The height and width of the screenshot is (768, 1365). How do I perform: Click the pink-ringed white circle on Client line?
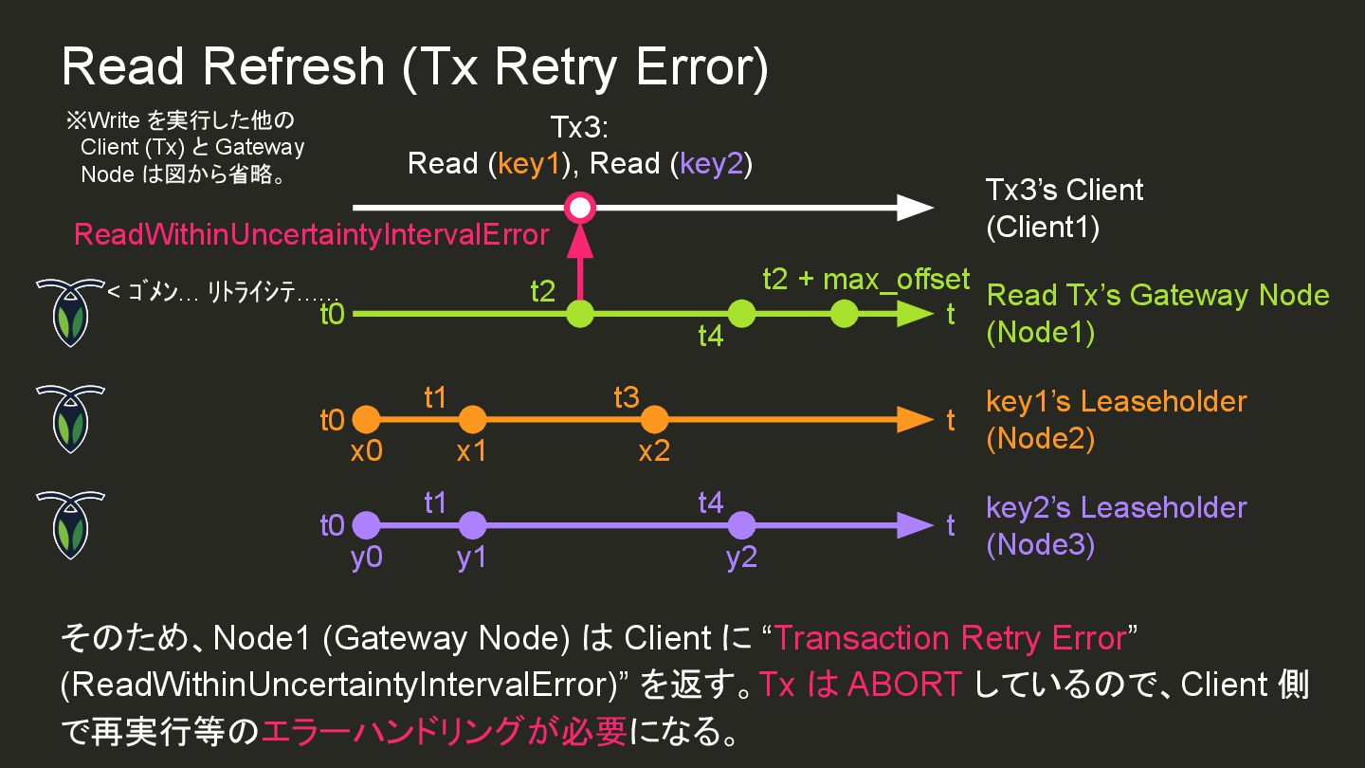[x=579, y=207]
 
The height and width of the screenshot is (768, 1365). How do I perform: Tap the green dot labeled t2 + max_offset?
[x=844, y=313]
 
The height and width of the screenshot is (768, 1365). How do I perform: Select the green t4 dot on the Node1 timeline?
[x=741, y=313]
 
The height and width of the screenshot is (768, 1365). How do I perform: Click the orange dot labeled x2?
[x=654, y=419]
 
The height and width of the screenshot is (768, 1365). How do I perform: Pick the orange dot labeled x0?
[x=366, y=419]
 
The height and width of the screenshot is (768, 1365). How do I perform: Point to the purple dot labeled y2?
[x=741, y=524]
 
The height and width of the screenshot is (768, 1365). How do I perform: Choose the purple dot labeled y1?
[x=471, y=524]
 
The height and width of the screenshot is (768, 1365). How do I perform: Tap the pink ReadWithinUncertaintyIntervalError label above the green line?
[x=311, y=234]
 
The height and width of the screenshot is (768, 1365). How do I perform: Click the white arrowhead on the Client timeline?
[x=915, y=207]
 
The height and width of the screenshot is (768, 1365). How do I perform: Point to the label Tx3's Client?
[x=1065, y=190]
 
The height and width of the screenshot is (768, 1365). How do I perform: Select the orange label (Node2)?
[x=1040, y=439]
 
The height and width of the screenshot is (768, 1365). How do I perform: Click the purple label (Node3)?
[x=1040, y=545]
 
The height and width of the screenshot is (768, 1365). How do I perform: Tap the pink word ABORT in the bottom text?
[x=904, y=684]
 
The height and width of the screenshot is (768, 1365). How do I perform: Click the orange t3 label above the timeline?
[x=627, y=397]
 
